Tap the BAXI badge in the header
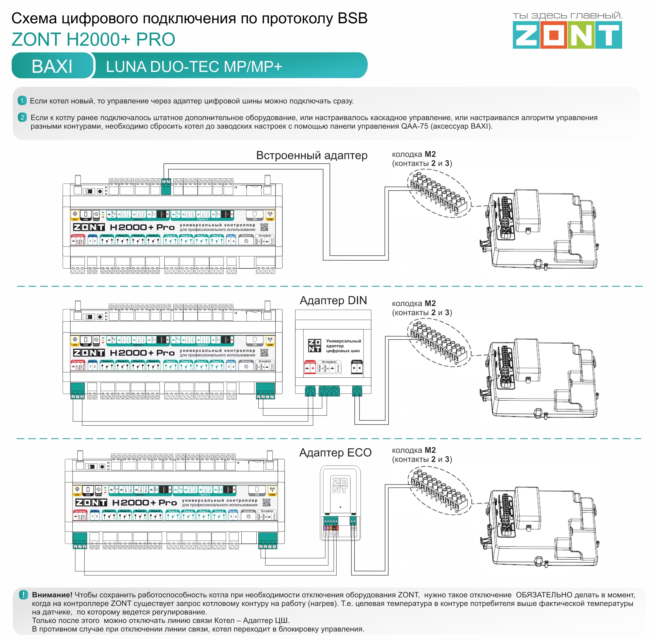click(x=52, y=66)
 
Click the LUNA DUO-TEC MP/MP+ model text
click(x=194, y=67)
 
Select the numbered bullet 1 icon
click(x=22, y=101)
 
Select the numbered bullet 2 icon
click(x=22, y=118)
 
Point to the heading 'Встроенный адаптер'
click(x=311, y=156)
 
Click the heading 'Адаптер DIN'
click(x=333, y=300)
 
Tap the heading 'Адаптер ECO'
click(x=335, y=452)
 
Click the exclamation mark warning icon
click(x=23, y=595)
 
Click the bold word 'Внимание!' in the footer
click(x=52, y=595)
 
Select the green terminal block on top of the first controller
click(x=166, y=186)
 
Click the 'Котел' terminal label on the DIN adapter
click(x=357, y=362)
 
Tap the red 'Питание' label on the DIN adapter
click(x=310, y=362)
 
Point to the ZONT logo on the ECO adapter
click(x=339, y=485)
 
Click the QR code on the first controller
click(x=264, y=227)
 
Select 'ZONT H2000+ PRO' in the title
click(x=93, y=39)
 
